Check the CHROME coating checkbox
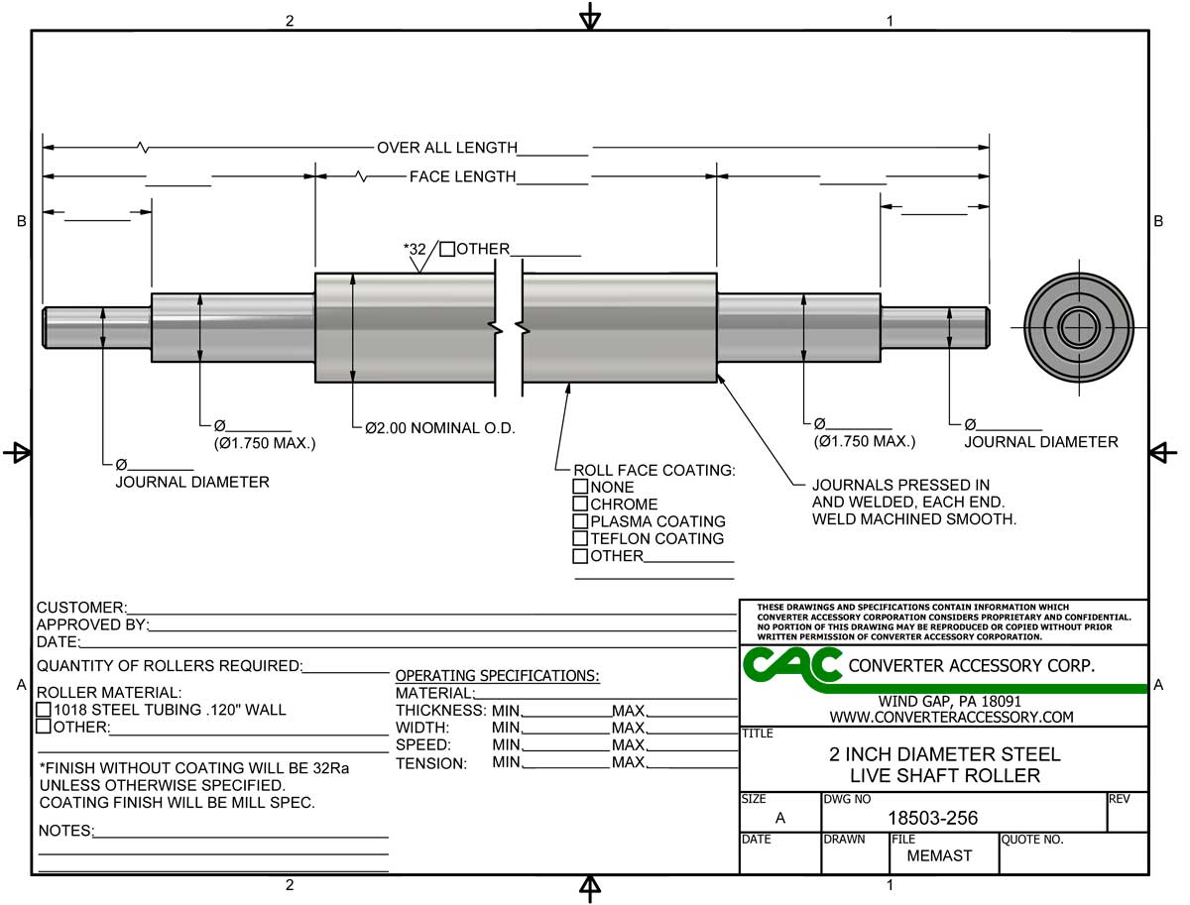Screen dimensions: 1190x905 (579, 504)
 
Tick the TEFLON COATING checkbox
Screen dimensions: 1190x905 (579, 538)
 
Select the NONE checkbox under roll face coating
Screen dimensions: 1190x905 (579, 486)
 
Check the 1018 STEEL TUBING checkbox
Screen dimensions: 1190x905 (44, 710)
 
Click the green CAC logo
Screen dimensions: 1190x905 (791, 668)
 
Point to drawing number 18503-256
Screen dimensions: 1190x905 (932, 818)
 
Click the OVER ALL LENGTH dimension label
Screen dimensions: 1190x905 (447, 148)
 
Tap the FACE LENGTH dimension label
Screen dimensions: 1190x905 (462, 176)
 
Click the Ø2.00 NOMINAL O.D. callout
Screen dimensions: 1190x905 (439, 428)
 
